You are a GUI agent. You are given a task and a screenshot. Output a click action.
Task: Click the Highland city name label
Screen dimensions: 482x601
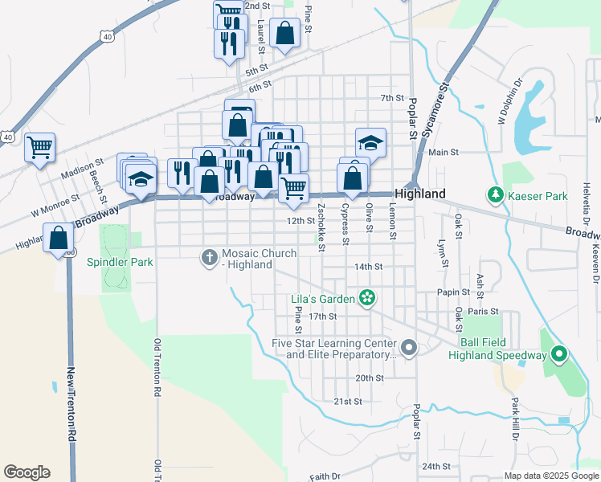coord(419,194)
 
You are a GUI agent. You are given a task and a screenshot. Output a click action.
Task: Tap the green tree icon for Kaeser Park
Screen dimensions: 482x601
coord(496,194)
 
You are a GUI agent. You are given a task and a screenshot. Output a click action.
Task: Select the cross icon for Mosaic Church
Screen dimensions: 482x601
coord(209,257)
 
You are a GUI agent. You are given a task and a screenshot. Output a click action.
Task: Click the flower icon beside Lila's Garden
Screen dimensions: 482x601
coord(367,299)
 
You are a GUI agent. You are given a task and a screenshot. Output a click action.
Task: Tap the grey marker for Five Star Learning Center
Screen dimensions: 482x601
coord(409,348)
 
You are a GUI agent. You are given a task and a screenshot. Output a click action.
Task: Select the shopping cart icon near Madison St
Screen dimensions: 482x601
coord(39,148)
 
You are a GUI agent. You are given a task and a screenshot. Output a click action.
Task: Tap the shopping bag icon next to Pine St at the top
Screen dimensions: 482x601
coord(284,34)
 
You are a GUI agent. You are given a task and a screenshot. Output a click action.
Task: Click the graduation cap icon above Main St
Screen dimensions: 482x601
coord(370,143)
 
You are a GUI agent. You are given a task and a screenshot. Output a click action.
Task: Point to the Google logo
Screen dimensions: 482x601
coord(27,472)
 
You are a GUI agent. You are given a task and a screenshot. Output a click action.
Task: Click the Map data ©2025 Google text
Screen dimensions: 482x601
coord(550,476)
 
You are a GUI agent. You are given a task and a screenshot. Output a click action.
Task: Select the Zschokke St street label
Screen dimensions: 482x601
coord(321,227)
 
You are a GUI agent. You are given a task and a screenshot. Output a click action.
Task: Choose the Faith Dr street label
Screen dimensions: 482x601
coord(325,476)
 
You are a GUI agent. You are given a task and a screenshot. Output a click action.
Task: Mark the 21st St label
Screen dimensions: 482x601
coord(349,401)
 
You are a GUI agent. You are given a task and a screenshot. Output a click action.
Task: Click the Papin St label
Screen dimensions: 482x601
coord(453,292)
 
